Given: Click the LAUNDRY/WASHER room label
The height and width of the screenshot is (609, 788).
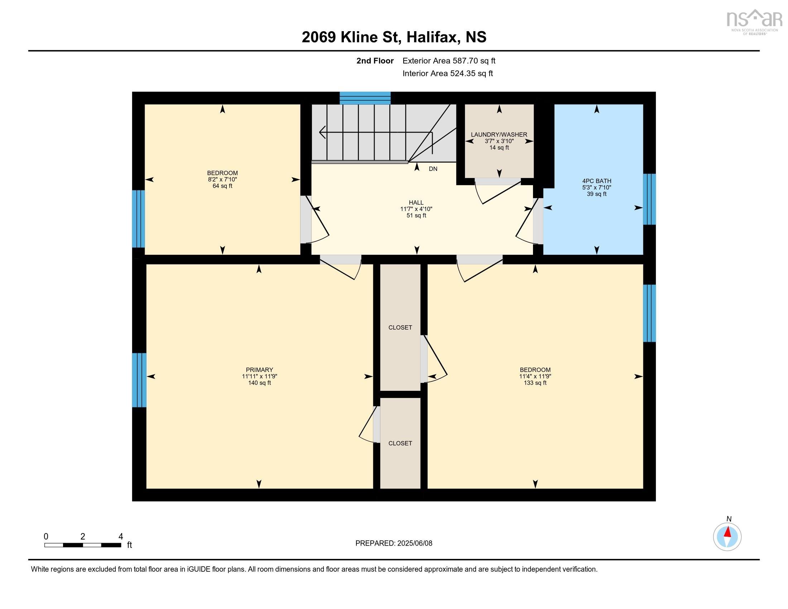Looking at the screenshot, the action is (x=499, y=135).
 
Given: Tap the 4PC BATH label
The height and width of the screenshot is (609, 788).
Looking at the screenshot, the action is (x=597, y=181).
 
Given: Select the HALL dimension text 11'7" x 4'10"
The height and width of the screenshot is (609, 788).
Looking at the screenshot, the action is (x=416, y=209).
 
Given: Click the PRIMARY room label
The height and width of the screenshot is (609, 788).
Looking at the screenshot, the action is (x=259, y=370).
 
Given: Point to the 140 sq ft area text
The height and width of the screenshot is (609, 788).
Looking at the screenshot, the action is (x=259, y=383).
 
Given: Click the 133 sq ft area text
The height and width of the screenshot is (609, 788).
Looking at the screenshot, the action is (x=535, y=383).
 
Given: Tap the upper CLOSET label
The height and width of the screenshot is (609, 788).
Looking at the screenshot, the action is (x=400, y=327).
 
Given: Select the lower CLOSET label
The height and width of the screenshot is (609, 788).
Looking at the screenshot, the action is (x=400, y=443).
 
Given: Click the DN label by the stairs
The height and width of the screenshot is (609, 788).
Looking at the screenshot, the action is (x=433, y=169).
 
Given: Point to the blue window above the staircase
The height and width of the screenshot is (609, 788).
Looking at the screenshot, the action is (x=365, y=98).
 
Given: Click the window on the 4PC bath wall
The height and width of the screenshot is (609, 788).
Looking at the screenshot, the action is (x=649, y=199).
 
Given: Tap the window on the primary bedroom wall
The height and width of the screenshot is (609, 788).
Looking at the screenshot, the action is (x=139, y=380).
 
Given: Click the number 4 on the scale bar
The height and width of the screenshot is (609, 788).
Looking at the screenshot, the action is (x=121, y=537).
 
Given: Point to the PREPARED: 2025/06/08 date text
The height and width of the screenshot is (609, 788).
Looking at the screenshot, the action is (x=394, y=543).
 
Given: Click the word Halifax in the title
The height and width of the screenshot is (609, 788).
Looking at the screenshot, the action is (x=433, y=37).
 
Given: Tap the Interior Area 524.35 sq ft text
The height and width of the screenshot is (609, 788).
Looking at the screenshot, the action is (x=447, y=73).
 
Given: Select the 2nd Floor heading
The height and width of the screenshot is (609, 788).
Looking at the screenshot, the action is (x=375, y=61).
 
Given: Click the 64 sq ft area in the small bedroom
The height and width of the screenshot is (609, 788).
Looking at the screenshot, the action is (x=222, y=186).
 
